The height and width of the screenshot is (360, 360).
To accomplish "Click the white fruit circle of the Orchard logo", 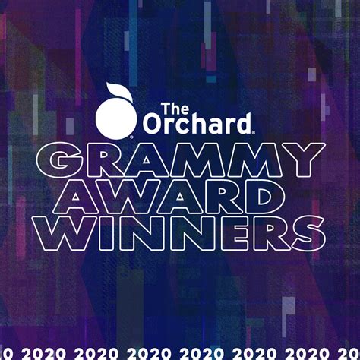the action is [x=116, y=118].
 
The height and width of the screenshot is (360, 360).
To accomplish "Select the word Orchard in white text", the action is [x=197, y=124].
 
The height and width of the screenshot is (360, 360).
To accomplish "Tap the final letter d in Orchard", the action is [x=242, y=124].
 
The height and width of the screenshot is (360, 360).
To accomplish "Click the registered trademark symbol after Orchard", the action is [x=254, y=132].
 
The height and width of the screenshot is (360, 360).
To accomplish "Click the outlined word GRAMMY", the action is [x=181, y=159].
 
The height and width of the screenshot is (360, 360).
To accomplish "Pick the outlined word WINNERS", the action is [x=181, y=233].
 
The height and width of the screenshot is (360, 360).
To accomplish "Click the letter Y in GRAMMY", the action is [x=304, y=160].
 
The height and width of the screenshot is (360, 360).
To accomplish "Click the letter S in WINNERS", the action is [x=308, y=233].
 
